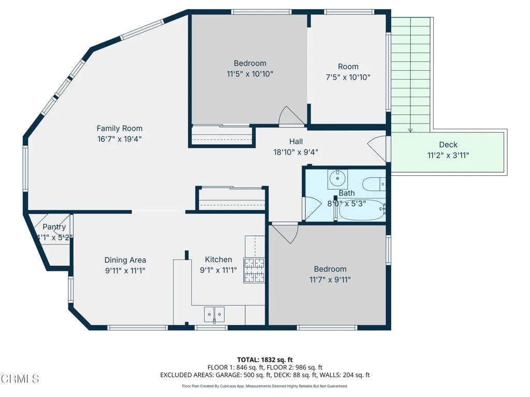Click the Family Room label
(x=120, y=128)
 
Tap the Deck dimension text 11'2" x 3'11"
(x=448, y=155)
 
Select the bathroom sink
(x=337, y=179)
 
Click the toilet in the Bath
(x=374, y=185)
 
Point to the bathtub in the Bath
(x=362, y=210)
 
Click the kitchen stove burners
(x=254, y=270)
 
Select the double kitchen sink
(x=214, y=315)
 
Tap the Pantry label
(x=54, y=227)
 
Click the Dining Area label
(x=125, y=260)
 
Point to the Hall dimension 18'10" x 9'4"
(x=296, y=152)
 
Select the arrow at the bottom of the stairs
(x=410, y=129)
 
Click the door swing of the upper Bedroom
(x=291, y=116)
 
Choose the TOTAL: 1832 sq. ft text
(x=264, y=360)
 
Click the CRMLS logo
(x=20, y=379)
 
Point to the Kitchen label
(x=218, y=259)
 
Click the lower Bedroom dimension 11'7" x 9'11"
(x=330, y=280)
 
